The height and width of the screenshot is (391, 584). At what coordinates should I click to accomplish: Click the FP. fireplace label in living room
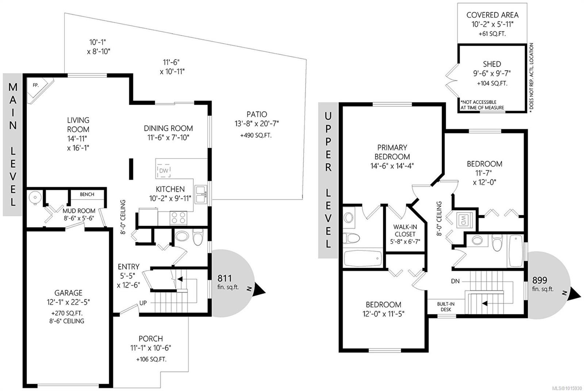36,85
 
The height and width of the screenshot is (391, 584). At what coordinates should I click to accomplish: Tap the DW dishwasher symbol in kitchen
164,171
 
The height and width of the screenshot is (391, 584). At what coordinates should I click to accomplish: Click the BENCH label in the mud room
87,194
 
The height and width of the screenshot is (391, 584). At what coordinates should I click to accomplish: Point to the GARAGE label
68,293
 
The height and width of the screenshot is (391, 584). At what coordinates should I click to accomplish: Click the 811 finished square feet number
224,279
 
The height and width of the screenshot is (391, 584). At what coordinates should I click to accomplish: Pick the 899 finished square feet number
539,280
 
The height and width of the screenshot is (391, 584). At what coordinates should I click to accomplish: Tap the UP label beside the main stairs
143,303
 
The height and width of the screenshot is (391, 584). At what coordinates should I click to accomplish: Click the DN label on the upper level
455,281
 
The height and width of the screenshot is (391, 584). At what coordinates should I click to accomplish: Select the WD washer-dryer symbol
464,220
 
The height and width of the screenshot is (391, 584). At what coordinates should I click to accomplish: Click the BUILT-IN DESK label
446,307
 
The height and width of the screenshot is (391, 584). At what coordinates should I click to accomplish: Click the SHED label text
492,64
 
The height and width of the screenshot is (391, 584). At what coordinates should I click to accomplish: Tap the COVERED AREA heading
492,15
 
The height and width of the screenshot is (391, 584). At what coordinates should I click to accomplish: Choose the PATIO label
257,115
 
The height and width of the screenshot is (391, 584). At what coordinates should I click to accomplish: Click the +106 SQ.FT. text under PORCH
151,359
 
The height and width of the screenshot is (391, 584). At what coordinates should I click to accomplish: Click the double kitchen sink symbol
200,195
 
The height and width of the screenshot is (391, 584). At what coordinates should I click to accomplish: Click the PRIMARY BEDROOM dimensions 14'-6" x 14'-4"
392,166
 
